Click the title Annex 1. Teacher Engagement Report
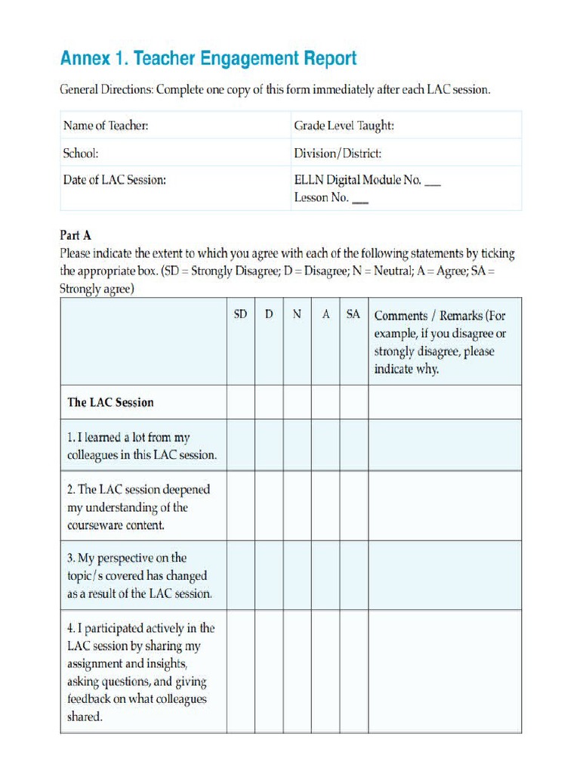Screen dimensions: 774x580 pyautogui.click(x=208, y=58)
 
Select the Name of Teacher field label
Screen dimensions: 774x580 pyautogui.click(x=106, y=125)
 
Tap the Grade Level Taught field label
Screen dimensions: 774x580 pyautogui.click(x=344, y=125)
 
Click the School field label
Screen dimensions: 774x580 pyautogui.click(x=81, y=153)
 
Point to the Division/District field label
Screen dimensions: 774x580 pyautogui.click(x=338, y=153)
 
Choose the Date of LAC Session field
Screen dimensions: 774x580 pyautogui.click(x=115, y=180)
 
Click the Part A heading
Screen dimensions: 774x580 pyautogui.click(x=76, y=235)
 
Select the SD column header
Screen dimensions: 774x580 pyautogui.click(x=240, y=314)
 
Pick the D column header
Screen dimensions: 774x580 pyautogui.click(x=269, y=314)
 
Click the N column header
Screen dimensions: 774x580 pyautogui.click(x=298, y=314)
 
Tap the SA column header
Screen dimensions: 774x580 pyautogui.click(x=353, y=314)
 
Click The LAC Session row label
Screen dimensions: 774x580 pyautogui.click(x=110, y=402)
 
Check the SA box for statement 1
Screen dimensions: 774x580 pyautogui.click(x=353, y=445)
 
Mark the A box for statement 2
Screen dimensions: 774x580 pyautogui.click(x=325, y=506)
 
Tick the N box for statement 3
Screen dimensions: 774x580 pyautogui.click(x=298, y=575)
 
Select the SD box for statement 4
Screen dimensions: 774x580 pyautogui.click(x=240, y=671)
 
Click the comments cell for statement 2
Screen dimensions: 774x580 pyautogui.click(x=444, y=506)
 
